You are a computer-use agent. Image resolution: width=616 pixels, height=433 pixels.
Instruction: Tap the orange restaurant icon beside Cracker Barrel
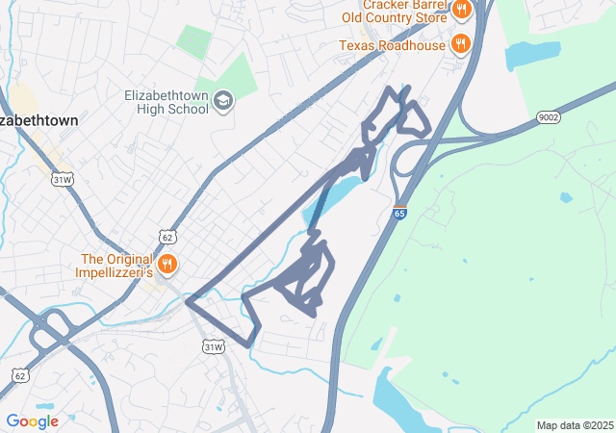coord(462,11)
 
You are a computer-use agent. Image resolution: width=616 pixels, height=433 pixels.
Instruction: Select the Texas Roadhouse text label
coord(392,45)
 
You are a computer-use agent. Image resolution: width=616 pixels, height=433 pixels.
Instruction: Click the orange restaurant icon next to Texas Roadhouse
coord(462,44)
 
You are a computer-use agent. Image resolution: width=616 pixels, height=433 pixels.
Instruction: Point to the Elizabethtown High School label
coord(166,102)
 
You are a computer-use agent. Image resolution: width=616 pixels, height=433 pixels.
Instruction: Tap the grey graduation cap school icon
coord(223,100)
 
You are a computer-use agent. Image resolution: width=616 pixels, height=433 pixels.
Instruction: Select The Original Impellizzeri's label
coord(117,266)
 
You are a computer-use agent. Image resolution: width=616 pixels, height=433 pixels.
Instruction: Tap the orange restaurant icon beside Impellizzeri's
coord(168,264)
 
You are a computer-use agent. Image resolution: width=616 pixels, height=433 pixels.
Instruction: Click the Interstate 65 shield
coord(398,212)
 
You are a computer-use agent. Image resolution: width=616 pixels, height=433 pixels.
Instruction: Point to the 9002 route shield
coord(547,117)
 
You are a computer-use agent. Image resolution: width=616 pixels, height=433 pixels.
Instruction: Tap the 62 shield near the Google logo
coord(19,372)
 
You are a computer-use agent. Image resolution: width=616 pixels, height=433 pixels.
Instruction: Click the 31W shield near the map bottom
coord(213,346)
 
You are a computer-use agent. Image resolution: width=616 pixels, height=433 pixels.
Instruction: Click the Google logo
coord(32,421)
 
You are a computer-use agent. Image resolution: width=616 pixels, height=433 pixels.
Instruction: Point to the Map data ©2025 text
coord(575,425)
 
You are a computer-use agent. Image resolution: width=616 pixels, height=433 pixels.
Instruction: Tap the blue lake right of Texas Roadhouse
coord(531,54)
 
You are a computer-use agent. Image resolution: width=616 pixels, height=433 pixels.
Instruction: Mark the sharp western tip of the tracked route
coord(187,301)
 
